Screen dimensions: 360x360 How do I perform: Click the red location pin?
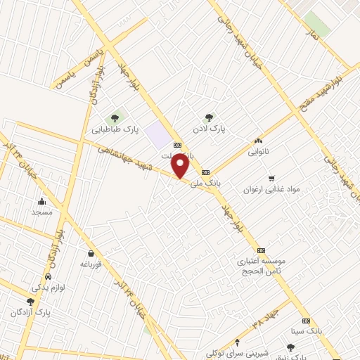click(181, 166)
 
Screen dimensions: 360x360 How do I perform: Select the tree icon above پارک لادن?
click(208, 117)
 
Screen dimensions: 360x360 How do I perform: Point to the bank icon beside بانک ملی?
click(205, 172)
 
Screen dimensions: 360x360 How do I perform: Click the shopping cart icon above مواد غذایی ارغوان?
click(271, 178)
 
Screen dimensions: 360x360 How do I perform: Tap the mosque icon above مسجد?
click(41, 201)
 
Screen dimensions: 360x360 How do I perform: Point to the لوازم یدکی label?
click(47, 286)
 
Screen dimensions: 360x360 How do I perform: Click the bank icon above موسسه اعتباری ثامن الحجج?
click(261, 250)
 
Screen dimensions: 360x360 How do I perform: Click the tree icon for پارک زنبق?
click(290, 346)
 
